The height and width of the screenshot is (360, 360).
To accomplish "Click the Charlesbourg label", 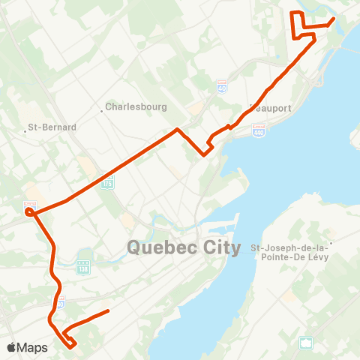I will pyautogui.click(x=136, y=106).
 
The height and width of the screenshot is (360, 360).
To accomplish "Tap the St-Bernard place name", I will pyautogui.click(x=52, y=127).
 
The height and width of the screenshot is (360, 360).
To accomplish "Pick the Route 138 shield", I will pyautogui.click(x=82, y=265).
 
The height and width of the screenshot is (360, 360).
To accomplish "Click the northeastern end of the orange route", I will pyautogui.click(x=333, y=19).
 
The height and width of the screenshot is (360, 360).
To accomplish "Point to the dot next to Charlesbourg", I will pyautogui.click(x=102, y=111).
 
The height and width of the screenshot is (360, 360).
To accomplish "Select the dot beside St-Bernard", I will pyautogui.click(x=25, y=132).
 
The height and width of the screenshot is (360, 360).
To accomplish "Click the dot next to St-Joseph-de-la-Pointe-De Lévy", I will pyautogui.click(x=330, y=242).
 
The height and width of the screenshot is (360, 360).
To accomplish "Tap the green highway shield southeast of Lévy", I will pyautogui.click(x=306, y=343).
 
